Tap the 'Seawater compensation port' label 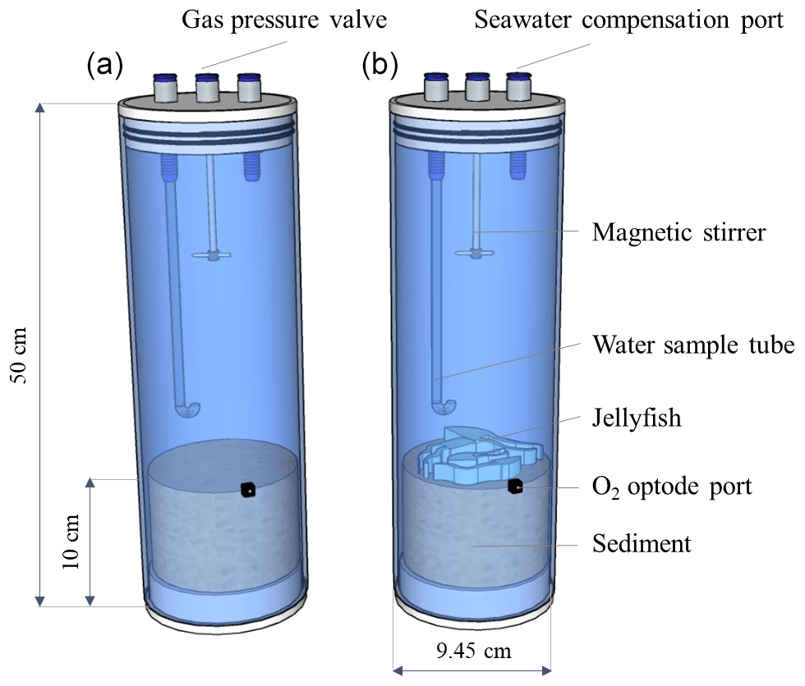629,21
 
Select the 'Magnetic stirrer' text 678,233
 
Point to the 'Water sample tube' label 692,345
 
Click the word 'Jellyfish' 637,418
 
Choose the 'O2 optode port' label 672,486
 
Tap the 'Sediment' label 642,542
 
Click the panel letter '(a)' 104,66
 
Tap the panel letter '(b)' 380,66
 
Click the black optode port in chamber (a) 247,490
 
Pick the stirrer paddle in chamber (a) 213,256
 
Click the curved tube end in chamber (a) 189,408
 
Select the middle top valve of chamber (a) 208,89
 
